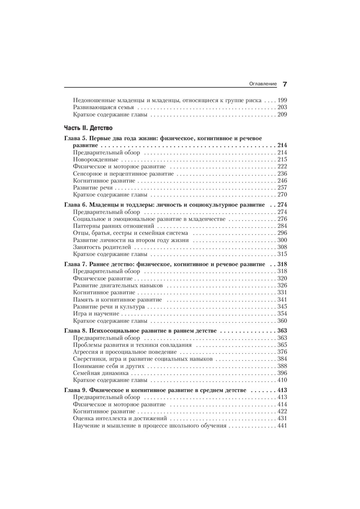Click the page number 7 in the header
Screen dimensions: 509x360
[284, 84]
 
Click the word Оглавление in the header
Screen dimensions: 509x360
[263, 84]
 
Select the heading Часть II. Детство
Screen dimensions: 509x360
[88, 128]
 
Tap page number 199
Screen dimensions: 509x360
[282, 100]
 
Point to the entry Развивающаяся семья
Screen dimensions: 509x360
[103, 107]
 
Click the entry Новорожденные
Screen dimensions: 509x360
[95, 159]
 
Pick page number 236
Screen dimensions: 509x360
[282, 174]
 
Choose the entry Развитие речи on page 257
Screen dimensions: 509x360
[93, 187]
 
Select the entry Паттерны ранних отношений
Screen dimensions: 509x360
[113, 226]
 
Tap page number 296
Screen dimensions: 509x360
[282, 233]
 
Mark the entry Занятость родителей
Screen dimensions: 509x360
[102, 247]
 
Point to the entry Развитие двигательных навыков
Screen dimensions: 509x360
[118, 285]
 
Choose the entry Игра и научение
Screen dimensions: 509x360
[96, 314]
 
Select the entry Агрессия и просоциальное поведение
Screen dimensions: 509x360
[125, 352]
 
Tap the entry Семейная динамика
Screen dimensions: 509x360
[101, 373]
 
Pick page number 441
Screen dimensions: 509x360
[282, 426]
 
